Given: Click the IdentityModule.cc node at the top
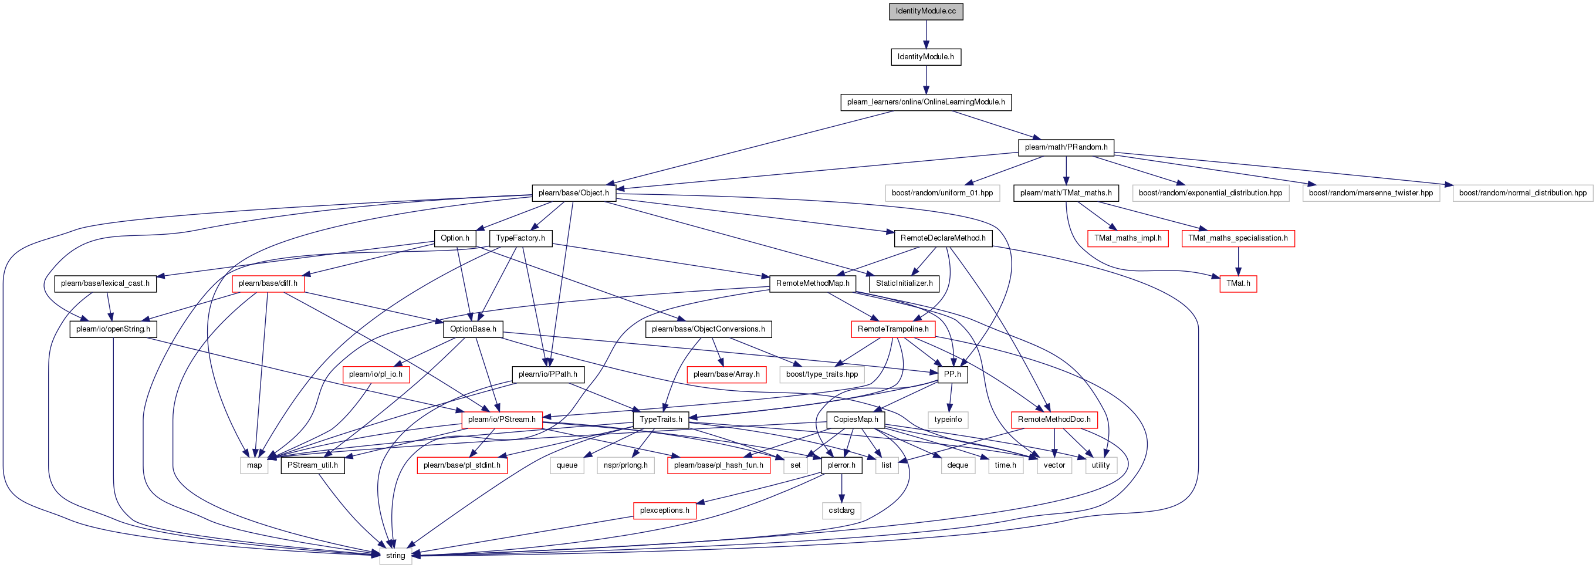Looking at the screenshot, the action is pos(926,11).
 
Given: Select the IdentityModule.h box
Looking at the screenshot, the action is pos(926,57).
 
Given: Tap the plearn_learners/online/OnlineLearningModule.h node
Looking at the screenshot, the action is pos(926,102).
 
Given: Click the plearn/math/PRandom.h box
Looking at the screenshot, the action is pos(1066,147).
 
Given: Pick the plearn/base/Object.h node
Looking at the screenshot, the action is pos(573,193).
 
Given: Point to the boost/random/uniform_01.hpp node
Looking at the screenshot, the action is pos(942,193).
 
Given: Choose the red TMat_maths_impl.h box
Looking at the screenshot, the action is pos(1128,238).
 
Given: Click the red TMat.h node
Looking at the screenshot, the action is pos(1238,283).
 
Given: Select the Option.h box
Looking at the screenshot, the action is pos(455,238).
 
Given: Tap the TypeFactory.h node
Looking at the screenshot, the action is pos(520,238).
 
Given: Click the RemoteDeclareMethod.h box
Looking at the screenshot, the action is pos(943,238).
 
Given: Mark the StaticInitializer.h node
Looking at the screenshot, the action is pos(904,283).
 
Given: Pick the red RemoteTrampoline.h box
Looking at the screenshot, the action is pos(893,329).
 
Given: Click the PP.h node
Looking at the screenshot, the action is pos(952,375).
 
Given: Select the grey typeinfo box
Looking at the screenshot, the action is pos(948,420).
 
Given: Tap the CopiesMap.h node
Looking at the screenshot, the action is pos(856,420).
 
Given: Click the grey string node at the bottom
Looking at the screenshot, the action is pos(395,556).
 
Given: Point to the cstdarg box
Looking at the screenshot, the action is pos(841,510).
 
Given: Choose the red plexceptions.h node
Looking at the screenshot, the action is pos(664,510).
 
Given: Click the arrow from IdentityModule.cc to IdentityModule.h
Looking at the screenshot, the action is pos(926,34).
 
